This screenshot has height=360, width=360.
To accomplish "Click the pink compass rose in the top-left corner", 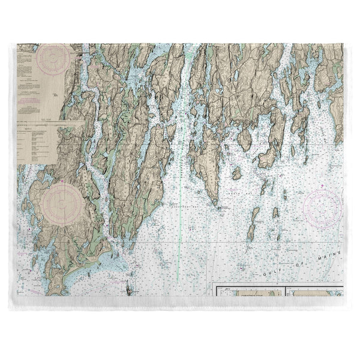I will point(53,59).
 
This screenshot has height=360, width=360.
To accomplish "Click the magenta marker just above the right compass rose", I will point(323,188).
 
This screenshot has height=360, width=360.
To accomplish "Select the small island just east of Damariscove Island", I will point(276,213).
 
